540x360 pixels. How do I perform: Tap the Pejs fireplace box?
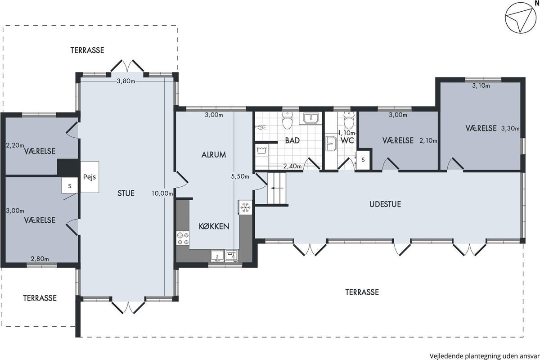point(90,177)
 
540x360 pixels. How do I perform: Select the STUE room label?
point(126,193)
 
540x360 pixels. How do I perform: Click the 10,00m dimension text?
point(162,193)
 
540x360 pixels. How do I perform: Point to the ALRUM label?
point(214,154)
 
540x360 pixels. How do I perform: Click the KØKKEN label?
point(214,226)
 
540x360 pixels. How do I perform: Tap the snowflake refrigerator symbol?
point(245,207)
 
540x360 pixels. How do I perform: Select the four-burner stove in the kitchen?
point(183,238)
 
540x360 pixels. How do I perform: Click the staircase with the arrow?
point(277,188)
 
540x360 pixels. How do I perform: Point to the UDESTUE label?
point(385,204)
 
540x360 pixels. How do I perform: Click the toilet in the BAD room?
point(287,120)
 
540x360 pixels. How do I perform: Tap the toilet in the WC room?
point(349,120)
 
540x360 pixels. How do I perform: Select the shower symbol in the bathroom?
point(261,127)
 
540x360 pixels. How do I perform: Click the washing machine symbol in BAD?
point(261,150)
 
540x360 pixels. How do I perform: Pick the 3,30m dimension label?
point(510,129)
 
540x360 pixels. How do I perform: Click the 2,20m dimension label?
point(15,145)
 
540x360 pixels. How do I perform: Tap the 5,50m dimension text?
point(240,176)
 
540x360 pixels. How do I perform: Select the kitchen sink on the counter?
point(217,256)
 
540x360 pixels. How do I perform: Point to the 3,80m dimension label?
point(126,81)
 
